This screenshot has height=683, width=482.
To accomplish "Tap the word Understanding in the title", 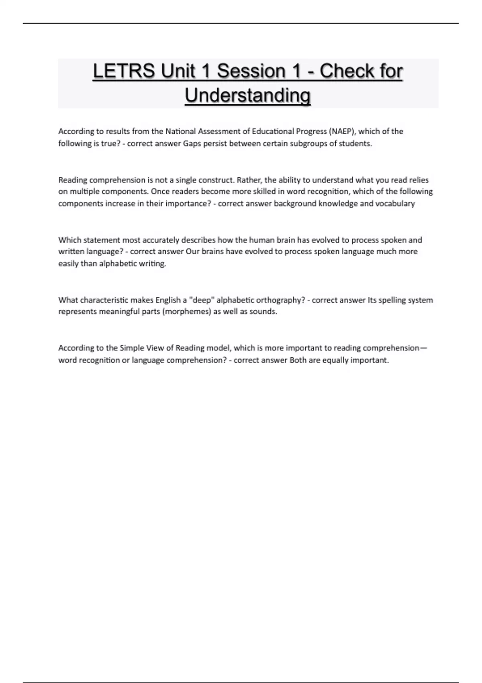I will (247, 96).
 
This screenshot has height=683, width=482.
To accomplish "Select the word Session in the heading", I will (251, 72).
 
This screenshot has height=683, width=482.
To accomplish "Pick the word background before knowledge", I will (295, 203).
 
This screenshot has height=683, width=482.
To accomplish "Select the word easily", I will (69, 264).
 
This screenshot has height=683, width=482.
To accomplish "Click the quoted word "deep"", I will (202, 300).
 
